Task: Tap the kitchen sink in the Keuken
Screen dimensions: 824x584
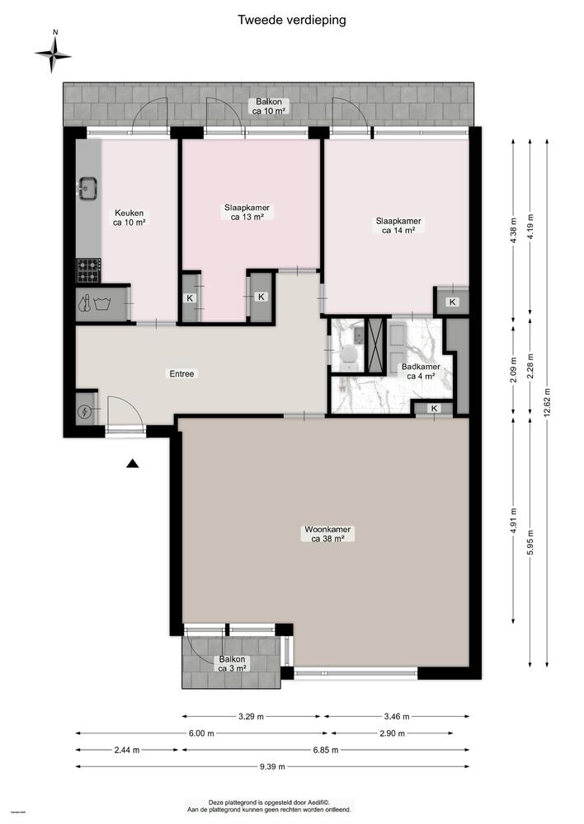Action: [x=87, y=190]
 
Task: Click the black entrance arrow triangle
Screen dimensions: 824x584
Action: [x=132, y=465]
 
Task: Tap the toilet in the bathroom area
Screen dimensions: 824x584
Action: [x=349, y=354]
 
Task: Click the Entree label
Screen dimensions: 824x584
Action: [x=181, y=373]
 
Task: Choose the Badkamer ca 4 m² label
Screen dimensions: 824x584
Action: [x=420, y=372]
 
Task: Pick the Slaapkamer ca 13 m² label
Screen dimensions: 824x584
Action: [x=247, y=213]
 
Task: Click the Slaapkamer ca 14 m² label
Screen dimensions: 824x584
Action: [x=398, y=226]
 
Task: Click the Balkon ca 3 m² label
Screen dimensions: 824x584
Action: [x=232, y=664]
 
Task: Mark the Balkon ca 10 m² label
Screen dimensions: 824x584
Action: [x=269, y=106]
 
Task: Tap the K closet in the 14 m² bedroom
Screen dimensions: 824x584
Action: [x=452, y=302]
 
